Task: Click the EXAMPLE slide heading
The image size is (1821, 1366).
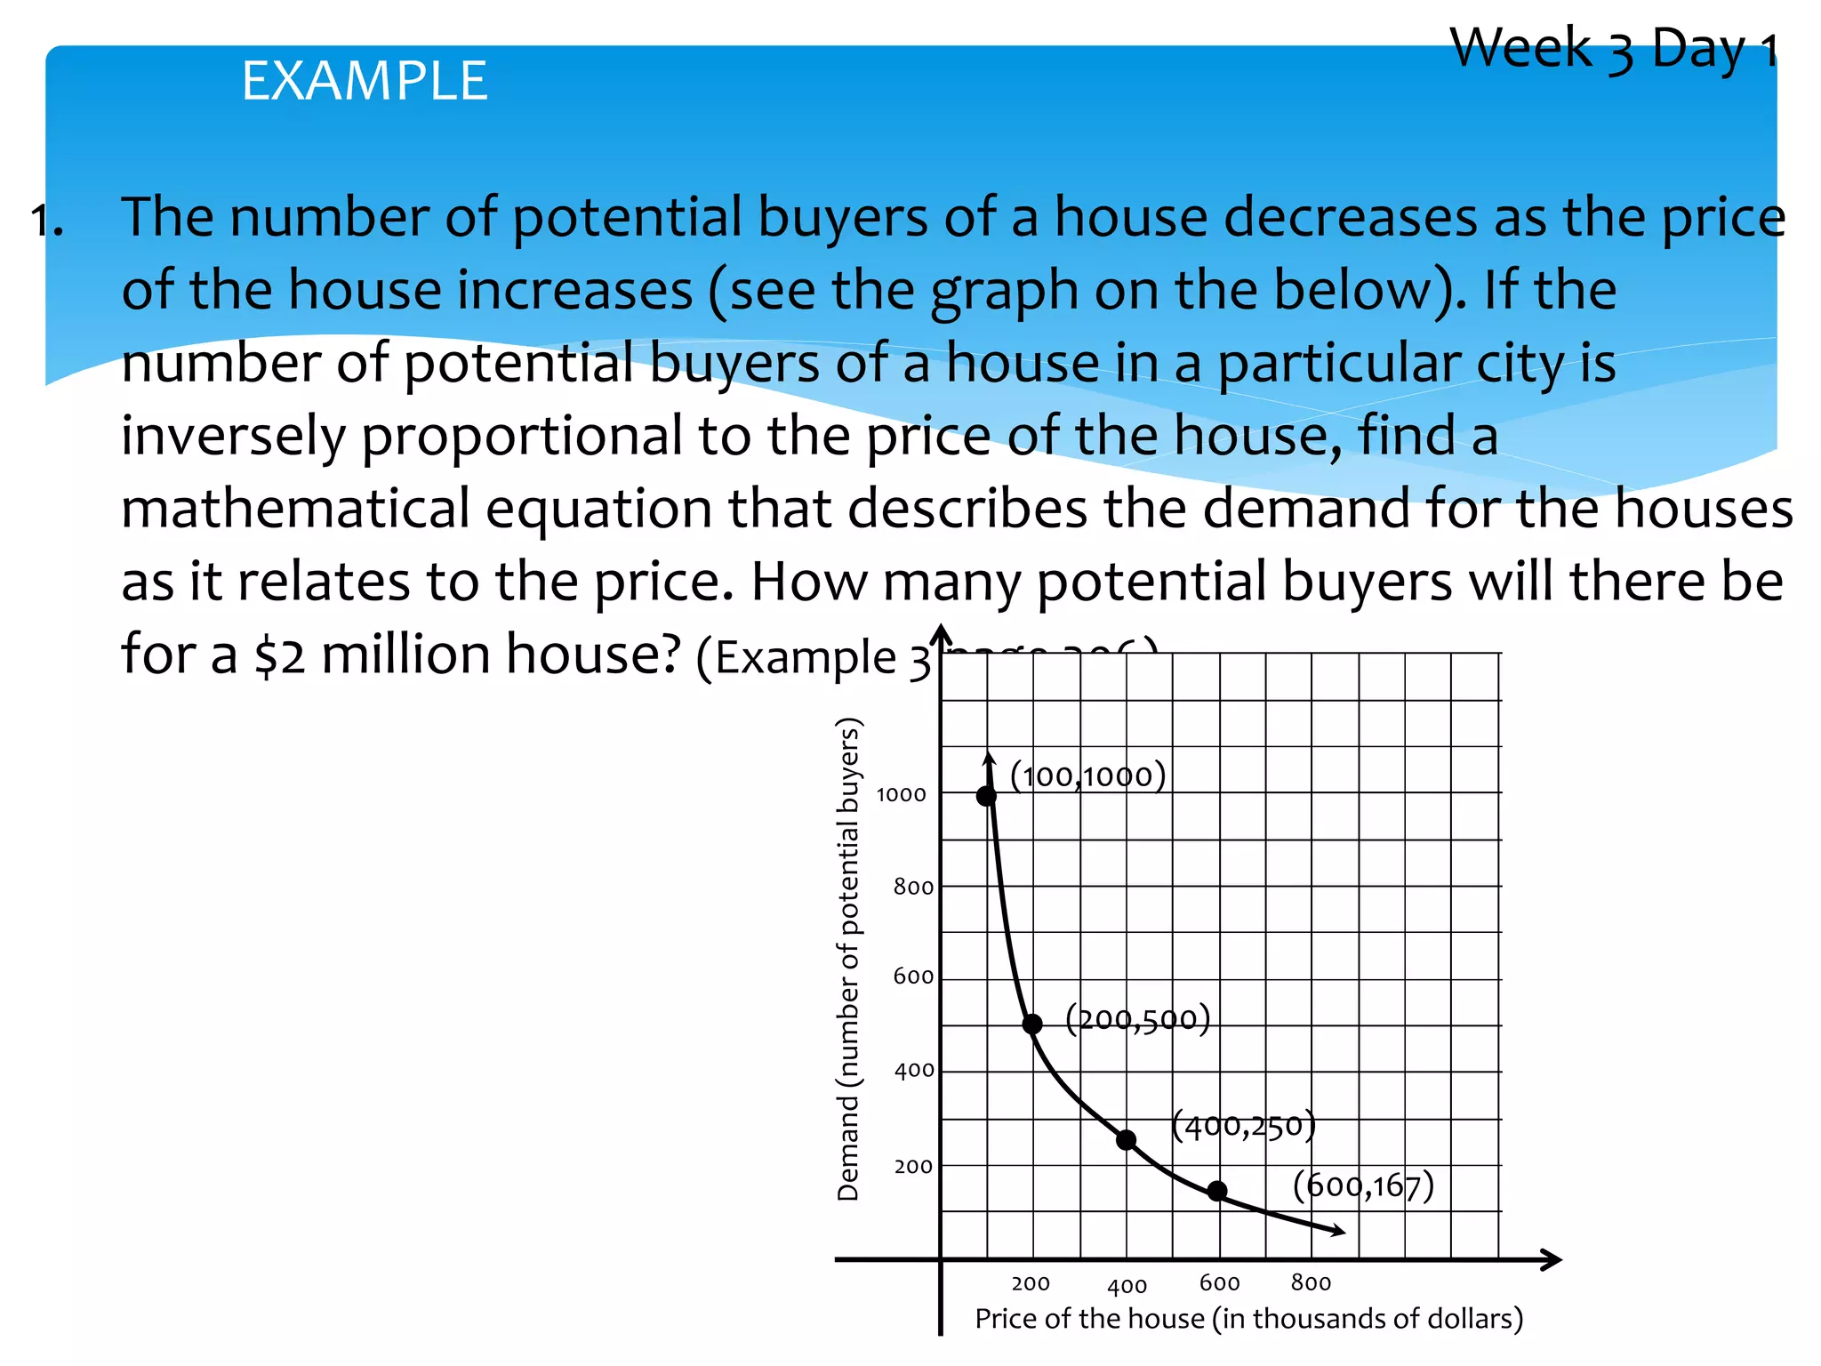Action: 365,81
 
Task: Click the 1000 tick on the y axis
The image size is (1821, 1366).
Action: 901,795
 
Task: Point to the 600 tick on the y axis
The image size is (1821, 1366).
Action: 913,977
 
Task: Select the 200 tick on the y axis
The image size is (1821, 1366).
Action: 913,1167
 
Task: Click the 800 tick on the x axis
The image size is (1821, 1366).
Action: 1311,1282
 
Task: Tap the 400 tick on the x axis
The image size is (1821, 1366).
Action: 1127,1286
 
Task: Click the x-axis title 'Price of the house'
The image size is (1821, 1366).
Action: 1248,1318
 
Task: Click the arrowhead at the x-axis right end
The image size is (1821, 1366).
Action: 1552,1259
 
